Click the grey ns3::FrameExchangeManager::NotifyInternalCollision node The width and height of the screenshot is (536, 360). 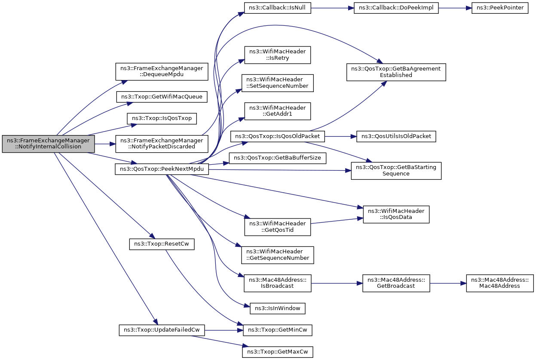click(x=48, y=144)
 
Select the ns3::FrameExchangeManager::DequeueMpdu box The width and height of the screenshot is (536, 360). click(x=162, y=71)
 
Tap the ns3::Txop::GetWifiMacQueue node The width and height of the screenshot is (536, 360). click(x=162, y=97)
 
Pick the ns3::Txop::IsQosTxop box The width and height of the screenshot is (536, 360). click(x=162, y=118)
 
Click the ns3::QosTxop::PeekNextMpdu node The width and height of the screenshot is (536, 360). click(x=162, y=169)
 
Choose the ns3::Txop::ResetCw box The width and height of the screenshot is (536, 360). click(x=162, y=244)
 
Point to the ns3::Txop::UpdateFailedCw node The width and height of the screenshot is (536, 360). click(x=162, y=330)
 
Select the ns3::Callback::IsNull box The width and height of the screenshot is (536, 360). click(x=278, y=8)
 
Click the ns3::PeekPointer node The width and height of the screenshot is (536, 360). click(x=500, y=8)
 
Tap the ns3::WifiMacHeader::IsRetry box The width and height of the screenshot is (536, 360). click(x=278, y=55)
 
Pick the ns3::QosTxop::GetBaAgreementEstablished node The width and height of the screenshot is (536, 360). click(x=396, y=72)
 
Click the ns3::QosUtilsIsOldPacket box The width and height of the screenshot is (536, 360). click(x=396, y=136)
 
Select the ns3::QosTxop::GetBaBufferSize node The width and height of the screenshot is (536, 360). click(x=278, y=158)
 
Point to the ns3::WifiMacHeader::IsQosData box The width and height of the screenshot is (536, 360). click(x=396, y=215)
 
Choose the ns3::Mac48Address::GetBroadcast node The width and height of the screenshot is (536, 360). click(x=396, y=283)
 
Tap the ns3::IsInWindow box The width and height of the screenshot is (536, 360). click(x=278, y=308)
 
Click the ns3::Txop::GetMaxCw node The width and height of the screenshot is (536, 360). click(x=278, y=352)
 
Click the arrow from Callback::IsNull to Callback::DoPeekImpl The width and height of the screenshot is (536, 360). click(x=333, y=8)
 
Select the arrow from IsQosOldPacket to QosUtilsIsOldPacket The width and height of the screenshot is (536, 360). click(x=341, y=136)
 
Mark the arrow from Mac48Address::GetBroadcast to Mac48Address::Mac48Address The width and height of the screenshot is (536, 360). click(x=448, y=283)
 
